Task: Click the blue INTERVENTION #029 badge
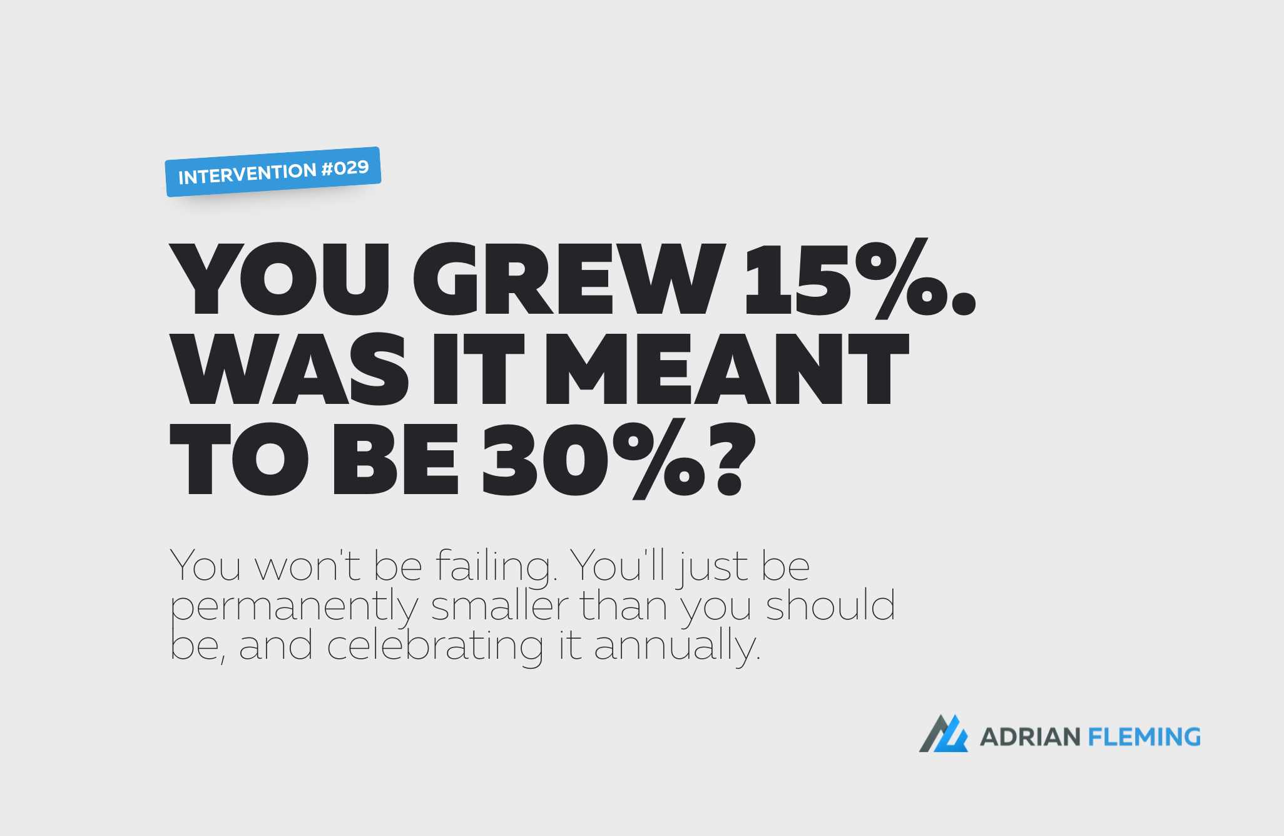273,172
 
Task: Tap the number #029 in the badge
345,168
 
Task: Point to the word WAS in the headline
289,369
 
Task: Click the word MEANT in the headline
726,369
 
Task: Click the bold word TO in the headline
238,459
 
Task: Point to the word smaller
500,606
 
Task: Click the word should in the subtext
830,606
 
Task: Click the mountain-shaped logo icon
943,733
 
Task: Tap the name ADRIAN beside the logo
1030,737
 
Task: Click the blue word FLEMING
1144,737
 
